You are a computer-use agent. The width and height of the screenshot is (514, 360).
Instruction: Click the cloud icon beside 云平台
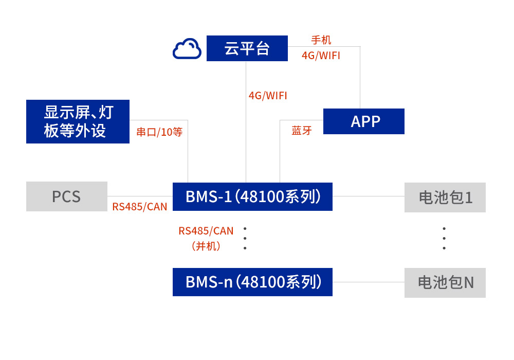187,49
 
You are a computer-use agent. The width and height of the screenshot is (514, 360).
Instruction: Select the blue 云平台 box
247,48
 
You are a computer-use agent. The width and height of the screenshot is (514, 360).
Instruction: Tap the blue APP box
363,121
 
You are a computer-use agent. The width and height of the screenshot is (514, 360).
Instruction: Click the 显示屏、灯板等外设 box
78,121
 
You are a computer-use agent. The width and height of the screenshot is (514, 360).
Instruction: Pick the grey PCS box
67,196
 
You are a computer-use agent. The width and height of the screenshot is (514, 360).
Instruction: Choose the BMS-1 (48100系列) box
252,196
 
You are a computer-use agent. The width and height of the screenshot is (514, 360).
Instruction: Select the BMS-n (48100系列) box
252,282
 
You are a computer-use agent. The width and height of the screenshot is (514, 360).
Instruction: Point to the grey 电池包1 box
445,197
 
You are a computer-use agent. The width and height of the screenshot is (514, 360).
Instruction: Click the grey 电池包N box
445,282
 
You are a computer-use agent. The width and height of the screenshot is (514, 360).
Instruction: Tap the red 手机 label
321,40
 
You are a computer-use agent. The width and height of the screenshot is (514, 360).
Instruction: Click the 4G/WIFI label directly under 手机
321,56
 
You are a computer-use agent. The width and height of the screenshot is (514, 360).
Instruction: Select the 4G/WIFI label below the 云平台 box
268,96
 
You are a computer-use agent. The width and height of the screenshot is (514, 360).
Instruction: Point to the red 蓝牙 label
302,131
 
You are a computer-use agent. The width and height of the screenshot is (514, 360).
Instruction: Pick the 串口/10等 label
159,132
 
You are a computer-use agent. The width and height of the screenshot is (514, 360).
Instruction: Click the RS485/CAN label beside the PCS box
140,207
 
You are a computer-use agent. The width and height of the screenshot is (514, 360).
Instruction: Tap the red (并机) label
206,246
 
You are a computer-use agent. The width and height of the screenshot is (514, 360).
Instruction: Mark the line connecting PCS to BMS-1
140,196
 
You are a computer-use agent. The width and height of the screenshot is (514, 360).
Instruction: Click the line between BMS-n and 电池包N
368,282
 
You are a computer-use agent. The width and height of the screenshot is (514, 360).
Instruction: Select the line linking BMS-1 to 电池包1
368,196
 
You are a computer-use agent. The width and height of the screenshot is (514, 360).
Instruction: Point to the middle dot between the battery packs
444,238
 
